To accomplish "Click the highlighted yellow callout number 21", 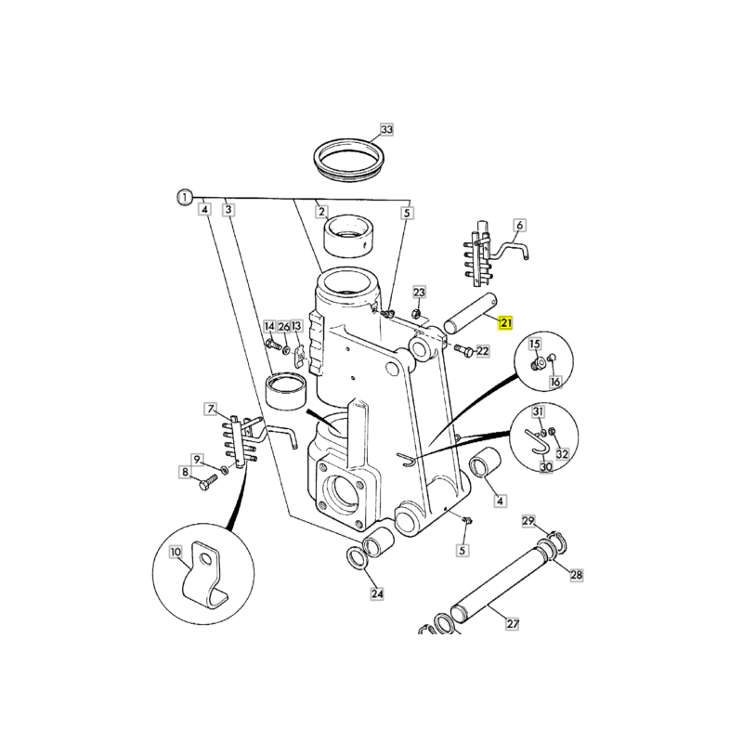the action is pyautogui.click(x=505, y=323).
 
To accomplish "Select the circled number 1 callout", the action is pyautogui.click(x=185, y=197).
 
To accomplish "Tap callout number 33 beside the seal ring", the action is pyautogui.click(x=387, y=129).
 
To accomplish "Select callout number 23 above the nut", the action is pyautogui.click(x=420, y=292).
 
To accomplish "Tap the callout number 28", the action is pyautogui.click(x=576, y=575).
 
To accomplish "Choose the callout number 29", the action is pyautogui.click(x=528, y=521).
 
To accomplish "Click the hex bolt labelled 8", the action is pyautogui.click(x=207, y=483).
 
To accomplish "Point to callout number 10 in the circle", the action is pyautogui.click(x=176, y=552).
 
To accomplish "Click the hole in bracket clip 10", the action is pyautogui.click(x=205, y=561).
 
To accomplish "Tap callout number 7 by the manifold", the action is pyautogui.click(x=211, y=409).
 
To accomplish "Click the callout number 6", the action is pyautogui.click(x=520, y=225).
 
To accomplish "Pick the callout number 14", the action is pyautogui.click(x=269, y=327).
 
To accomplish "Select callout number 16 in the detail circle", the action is pyautogui.click(x=555, y=382).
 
